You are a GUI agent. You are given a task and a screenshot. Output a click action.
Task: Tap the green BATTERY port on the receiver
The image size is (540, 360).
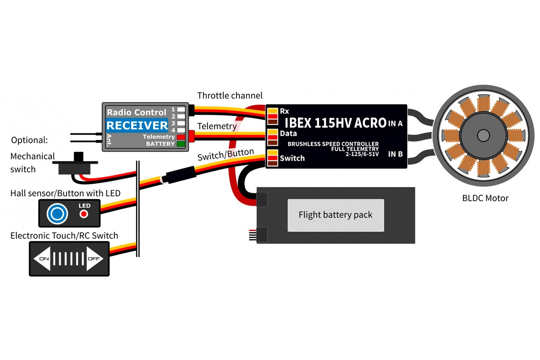(180, 144)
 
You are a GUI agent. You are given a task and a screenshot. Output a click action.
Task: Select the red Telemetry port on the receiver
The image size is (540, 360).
(180, 136)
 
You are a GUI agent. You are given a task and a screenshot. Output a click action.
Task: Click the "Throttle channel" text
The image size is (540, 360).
(229, 96)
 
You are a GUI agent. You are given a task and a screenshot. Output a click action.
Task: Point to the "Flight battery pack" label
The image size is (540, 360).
(336, 215)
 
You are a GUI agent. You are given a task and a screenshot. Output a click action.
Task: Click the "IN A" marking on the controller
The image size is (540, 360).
(395, 123)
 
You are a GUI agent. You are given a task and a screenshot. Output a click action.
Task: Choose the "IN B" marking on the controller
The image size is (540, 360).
(395, 154)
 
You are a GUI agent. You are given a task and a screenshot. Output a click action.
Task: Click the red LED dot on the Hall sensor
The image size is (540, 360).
(84, 214)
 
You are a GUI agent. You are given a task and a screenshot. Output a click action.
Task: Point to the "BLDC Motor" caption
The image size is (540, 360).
(485, 198)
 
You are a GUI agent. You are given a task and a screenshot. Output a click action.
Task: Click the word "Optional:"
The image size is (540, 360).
(29, 140)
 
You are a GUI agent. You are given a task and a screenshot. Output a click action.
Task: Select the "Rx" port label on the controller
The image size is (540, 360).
(284, 111)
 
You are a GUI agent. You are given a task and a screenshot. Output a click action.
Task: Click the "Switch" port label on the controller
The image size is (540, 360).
(292, 158)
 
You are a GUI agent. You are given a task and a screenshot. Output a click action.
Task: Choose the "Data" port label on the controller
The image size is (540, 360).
(288, 134)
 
